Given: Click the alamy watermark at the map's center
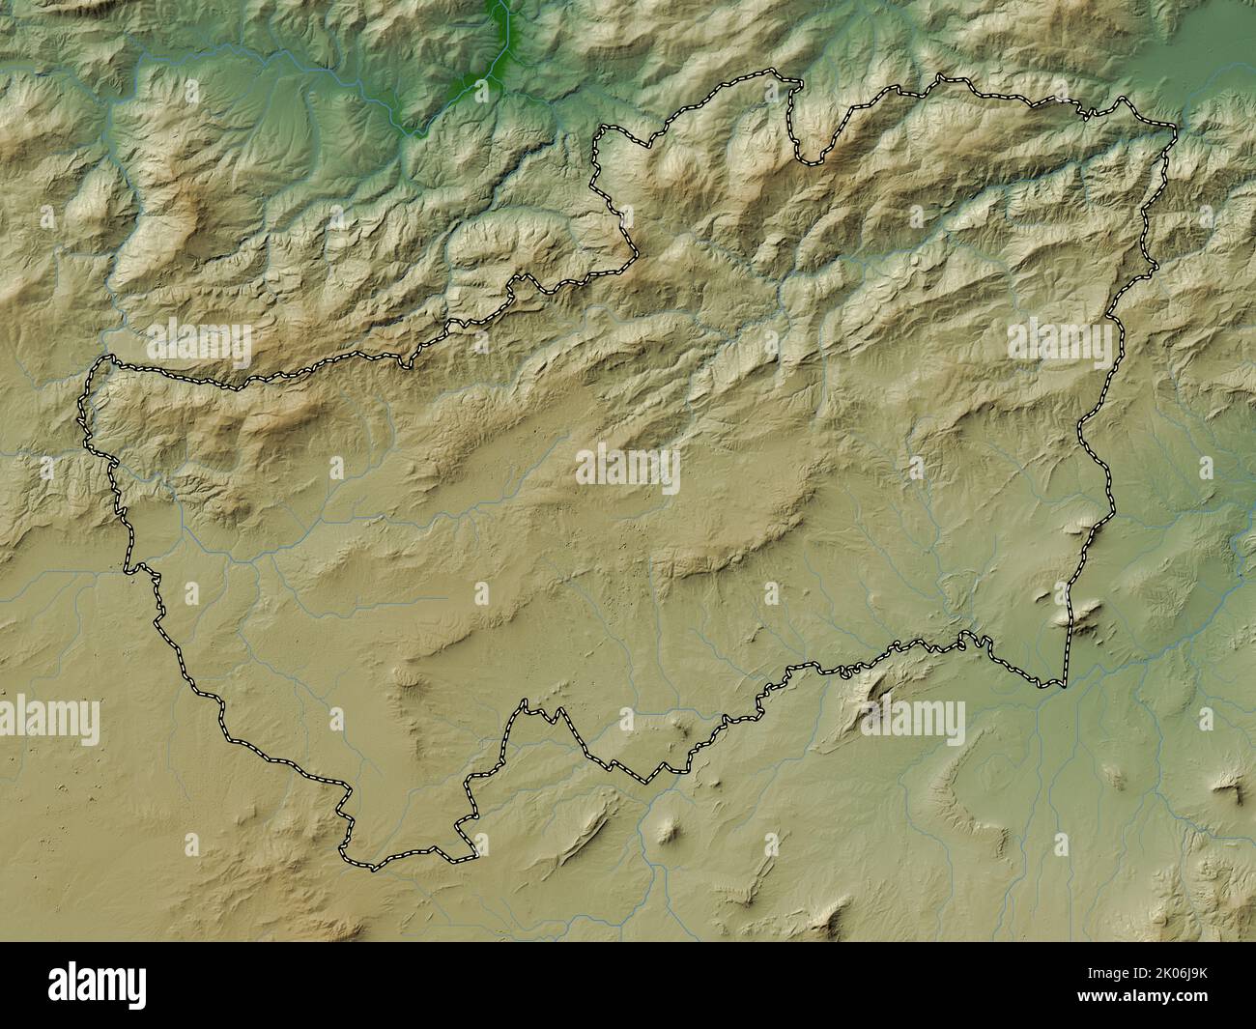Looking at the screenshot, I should point(628,469).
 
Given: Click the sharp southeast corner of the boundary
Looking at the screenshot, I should point(1064,686).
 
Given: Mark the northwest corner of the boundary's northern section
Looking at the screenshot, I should point(599,130).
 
